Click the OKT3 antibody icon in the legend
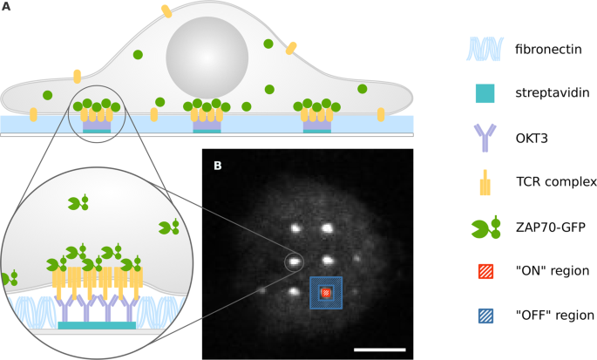(x=486, y=137)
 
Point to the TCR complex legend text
(x=555, y=182)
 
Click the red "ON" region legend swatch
(x=486, y=271)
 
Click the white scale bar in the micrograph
(x=379, y=350)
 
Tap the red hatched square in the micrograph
(x=327, y=292)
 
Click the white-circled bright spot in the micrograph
(x=295, y=260)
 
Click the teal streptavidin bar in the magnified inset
(x=97, y=325)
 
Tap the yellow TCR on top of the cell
(x=166, y=11)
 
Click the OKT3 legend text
(x=531, y=137)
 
